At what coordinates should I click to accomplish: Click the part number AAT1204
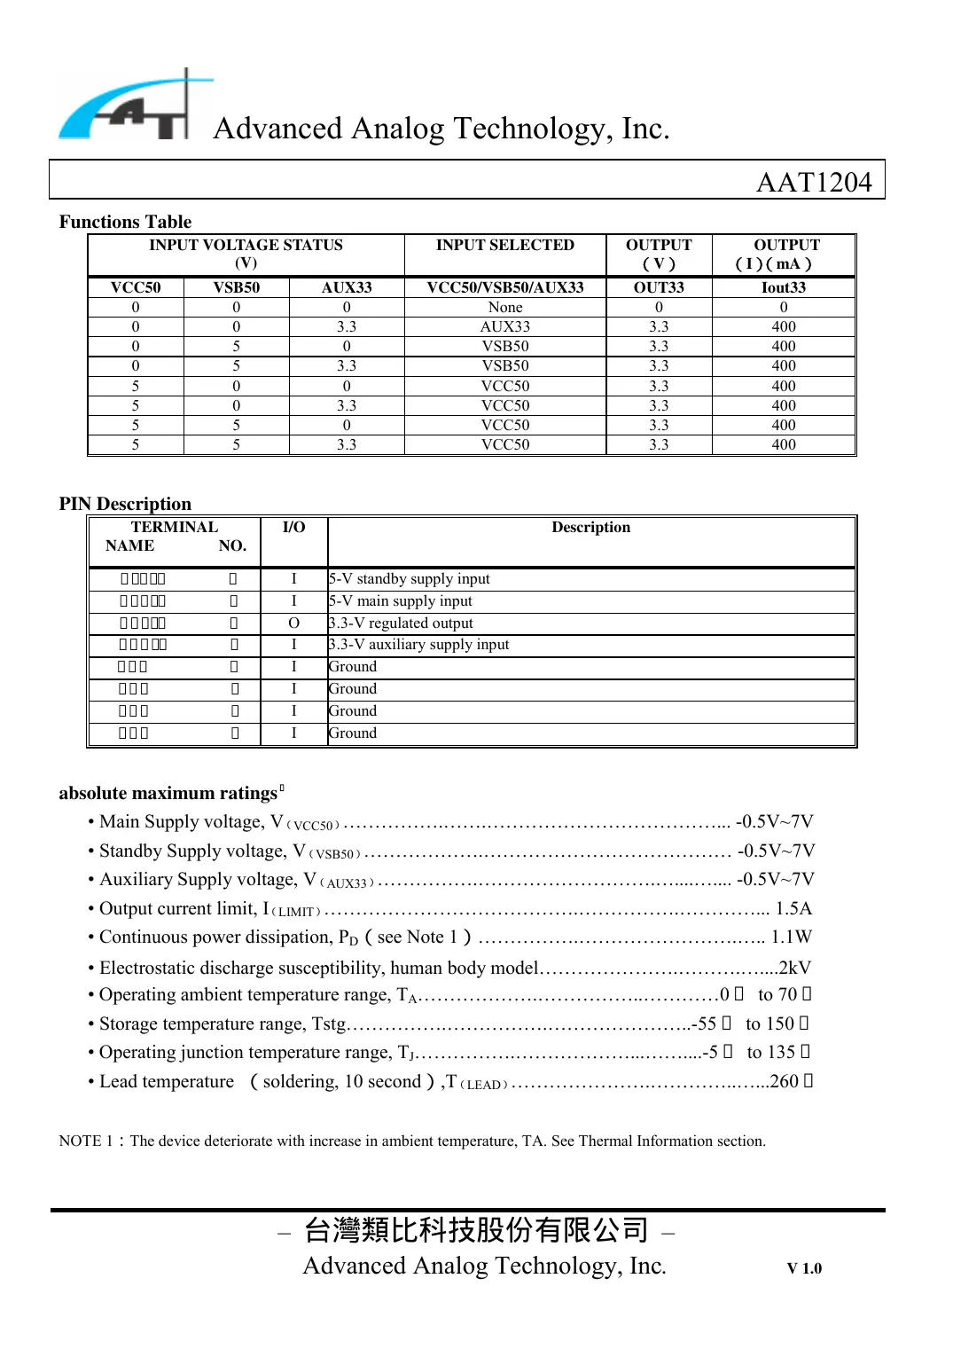813,182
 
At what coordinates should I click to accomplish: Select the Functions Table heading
125,222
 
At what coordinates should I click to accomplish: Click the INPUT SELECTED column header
504,245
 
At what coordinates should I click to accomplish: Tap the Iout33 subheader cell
784,287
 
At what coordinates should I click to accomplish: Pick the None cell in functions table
504,307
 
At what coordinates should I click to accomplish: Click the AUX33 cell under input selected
504,326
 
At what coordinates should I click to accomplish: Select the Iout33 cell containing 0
784,307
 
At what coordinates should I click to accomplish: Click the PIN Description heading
125,504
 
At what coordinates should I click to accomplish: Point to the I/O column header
293,527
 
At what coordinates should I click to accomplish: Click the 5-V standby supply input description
410,578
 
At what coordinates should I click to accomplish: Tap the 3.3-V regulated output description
402,623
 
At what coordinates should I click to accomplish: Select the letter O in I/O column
293,623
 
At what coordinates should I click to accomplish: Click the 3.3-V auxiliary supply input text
419,645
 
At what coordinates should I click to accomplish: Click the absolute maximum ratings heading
168,793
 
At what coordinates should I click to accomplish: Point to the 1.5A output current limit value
793,908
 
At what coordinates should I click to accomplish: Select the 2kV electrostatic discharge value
794,968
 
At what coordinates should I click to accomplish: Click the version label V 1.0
804,1268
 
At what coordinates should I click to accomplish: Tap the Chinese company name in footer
476,1230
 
